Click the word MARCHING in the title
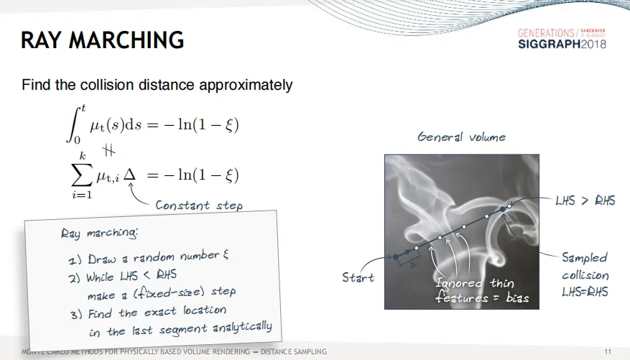[x=126, y=40]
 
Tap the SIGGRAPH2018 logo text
[x=562, y=44]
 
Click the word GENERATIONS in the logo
[x=546, y=33]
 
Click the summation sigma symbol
[x=82, y=175]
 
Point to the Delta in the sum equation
[x=129, y=175]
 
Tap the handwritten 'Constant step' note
[x=199, y=205]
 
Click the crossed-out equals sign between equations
[x=108, y=150]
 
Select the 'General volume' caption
[x=462, y=137]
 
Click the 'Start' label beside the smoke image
[x=358, y=277]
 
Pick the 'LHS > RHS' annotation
[x=585, y=200]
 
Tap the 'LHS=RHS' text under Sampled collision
[x=585, y=292]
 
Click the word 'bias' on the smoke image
[x=517, y=297]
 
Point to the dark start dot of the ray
[x=396, y=257]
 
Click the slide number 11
[x=608, y=352]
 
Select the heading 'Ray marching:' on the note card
[x=99, y=233]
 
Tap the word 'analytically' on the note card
[x=242, y=327]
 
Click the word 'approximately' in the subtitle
[x=246, y=86]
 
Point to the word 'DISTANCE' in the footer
[x=276, y=352]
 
